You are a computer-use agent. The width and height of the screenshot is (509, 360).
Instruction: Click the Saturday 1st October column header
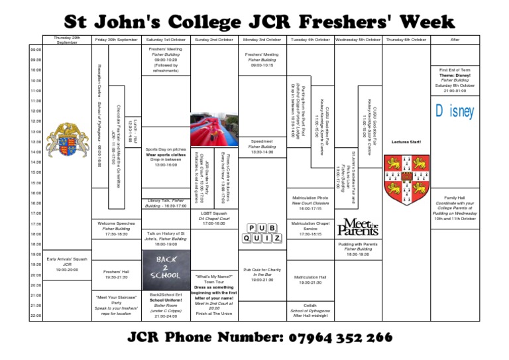(x=166, y=40)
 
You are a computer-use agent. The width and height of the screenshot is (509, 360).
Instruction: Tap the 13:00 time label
(x=35, y=131)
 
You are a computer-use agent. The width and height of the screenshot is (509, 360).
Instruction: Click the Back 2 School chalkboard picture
(x=166, y=267)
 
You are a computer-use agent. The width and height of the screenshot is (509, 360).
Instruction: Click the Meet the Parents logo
(x=358, y=227)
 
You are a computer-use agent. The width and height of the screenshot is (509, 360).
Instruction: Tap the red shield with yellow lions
(x=406, y=180)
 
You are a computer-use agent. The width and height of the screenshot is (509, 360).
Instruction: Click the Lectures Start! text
(x=406, y=142)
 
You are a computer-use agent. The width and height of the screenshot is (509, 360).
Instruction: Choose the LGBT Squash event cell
(x=214, y=218)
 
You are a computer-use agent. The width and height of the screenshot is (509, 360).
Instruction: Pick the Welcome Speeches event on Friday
(x=116, y=229)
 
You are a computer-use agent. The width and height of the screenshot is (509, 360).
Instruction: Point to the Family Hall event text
(x=455, y=208)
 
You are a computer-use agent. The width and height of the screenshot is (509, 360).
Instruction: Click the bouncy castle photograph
(x=214, y=129)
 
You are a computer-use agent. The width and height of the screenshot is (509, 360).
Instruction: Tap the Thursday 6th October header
(x=406, y=40)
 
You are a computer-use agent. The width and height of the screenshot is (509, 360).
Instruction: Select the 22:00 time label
(x=35, y=316)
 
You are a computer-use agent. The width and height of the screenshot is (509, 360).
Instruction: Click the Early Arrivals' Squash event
(x=67, y=264)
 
